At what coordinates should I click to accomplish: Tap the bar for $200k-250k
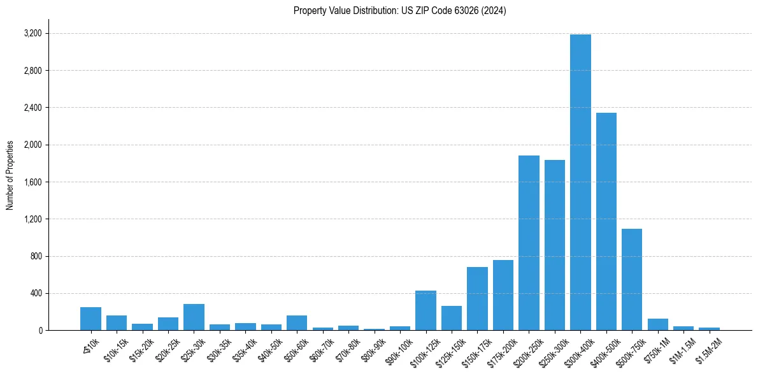coord(529,243)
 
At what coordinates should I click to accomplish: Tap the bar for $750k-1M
coord(658,324)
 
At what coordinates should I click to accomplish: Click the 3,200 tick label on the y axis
coord(32,33)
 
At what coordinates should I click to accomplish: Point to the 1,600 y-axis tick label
coord(32,182)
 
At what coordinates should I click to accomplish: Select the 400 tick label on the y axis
coord(36,294)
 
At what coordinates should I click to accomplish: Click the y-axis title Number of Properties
coord(10,175)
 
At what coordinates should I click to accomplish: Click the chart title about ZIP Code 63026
coord(399,11)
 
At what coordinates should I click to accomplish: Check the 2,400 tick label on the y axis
coord(32,108)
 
